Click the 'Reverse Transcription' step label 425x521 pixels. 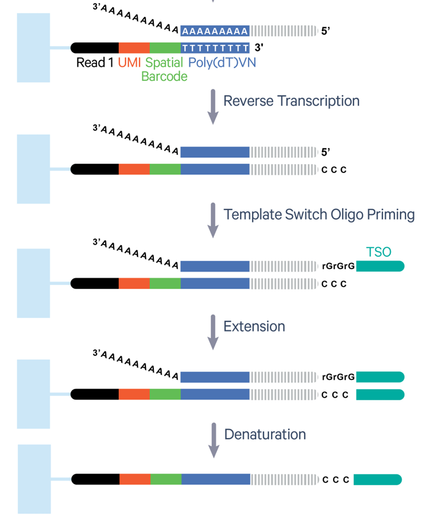click(x=291, y=101)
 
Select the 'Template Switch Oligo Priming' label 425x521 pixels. click(x=319, y=214)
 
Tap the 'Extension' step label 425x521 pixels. click(x=254, y=327)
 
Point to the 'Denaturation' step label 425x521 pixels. click(x=265, y=434)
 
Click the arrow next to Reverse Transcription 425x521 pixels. click(x=213, y=106)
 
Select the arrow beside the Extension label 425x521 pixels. click(x=213, y=332)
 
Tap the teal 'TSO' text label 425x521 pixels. click(x=378, y=252)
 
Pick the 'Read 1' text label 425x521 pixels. click(x=95, y=63)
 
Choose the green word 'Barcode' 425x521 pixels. click(x=164, y=76)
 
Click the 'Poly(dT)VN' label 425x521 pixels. click(x=222, y=63)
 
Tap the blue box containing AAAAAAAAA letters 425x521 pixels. click(x=215, y=31)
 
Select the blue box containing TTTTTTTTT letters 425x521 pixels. click(x=215, y=48)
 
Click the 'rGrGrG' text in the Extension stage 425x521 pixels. click(x=339, y=377)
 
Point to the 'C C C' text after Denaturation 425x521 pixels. click(x=335, y=480)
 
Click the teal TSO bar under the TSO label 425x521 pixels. click(x=380, y=267)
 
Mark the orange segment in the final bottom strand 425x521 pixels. click(x=135, y=479)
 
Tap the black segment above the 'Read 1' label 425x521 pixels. click(x=95, y=48)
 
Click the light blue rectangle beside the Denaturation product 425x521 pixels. click(x=35, y=479)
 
